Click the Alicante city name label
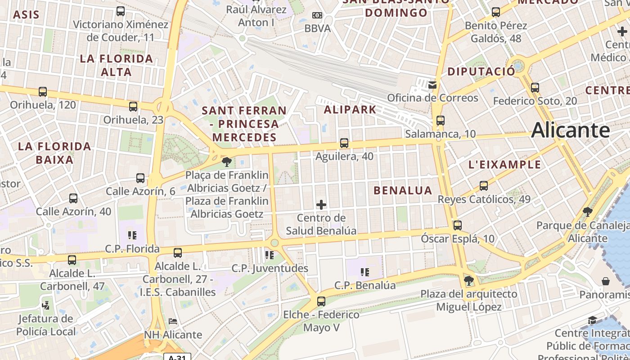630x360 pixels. (x=571, y=130)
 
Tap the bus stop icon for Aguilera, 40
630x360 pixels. (x=344, y=143)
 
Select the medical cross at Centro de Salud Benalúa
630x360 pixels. (x=321, y=205)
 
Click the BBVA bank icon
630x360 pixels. (x=317, y=15)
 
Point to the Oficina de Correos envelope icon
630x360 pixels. (x=432, y=84)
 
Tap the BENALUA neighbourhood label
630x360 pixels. (x=403, y=190)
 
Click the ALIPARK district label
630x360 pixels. (x=350, y=109)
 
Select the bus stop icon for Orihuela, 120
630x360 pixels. (x=43, y=92)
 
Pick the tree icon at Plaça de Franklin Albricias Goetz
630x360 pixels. (x=227, y=161)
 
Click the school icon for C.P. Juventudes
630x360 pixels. (x=270, y=255)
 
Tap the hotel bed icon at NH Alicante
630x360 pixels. (x=173, y=321)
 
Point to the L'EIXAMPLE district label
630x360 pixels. (x=504, y=165)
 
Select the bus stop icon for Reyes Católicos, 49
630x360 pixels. (x=484, y=185)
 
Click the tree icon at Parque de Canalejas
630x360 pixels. (x=587, y=211)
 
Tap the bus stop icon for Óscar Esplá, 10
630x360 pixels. (x=458, y=225)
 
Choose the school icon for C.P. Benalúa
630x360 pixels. (x=365, y=272)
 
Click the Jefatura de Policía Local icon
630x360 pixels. (x=45, y=305)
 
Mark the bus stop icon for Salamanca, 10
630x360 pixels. (x=441, y=121)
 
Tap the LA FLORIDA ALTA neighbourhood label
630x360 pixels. (x=117, y=65)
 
